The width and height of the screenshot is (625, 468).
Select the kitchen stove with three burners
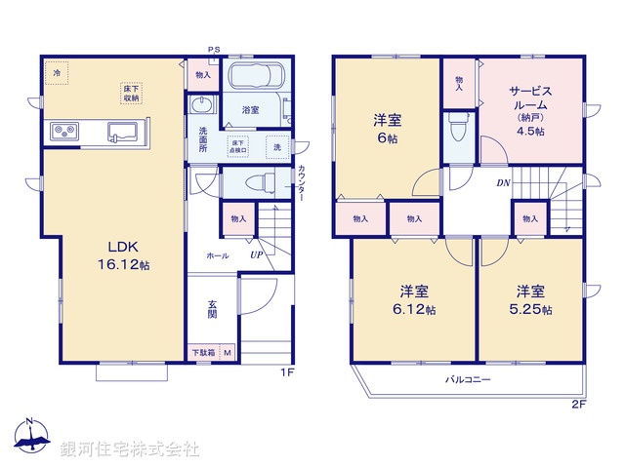(x=62, y=132)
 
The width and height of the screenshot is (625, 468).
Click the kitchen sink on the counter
(x=122, y=132)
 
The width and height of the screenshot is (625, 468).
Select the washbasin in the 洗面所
(x=202, y=105)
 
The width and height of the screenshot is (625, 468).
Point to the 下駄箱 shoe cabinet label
(x=203, y=352)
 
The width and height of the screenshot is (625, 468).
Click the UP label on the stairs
(x=256, y=254)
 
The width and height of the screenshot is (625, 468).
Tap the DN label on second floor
(x=503, y=183)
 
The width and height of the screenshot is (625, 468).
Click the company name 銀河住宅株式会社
(x=130, y=449)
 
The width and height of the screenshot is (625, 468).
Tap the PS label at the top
(x=212, y=50)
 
